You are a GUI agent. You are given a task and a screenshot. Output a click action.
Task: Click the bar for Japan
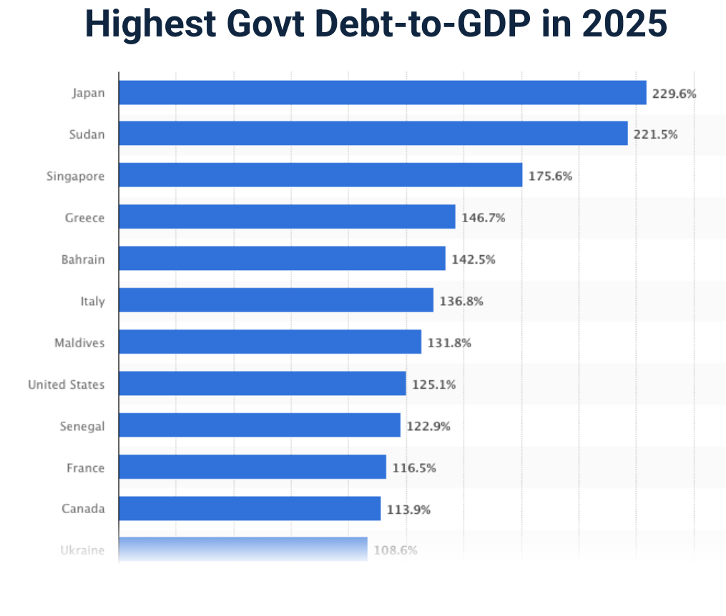(x=382, y=93)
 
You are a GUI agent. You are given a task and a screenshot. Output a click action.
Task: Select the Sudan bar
(x=373, y=134)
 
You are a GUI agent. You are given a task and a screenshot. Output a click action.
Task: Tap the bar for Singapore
(x=320, y=175)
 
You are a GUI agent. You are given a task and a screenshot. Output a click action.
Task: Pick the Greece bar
(x=287, y=217)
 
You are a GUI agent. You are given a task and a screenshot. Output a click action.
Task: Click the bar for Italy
(x=275, y=300)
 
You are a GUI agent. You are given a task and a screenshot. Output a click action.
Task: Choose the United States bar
(x=262, y=384)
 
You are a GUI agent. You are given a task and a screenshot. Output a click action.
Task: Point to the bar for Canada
(x=249, y=509)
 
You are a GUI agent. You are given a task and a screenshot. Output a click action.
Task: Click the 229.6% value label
(x=674, y=94)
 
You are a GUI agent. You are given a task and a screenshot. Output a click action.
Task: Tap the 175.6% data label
(x=550, y=176)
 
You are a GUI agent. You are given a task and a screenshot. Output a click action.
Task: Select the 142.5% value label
(x=473, y=259)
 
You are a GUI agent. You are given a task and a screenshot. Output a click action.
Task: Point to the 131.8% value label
(x=449, y=343)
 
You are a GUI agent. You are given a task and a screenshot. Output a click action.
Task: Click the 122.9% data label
(x=428, y=427)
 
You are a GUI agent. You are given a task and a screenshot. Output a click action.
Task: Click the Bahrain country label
(x=83, y=259)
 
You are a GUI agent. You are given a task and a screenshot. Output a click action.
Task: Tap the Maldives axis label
(x=79, y=343)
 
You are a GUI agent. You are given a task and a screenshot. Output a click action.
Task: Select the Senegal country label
(x=82, y=427)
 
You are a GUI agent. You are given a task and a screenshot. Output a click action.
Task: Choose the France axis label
(x=85, y=468)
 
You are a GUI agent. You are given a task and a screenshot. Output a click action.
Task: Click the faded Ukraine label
(x=82, y=550)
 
